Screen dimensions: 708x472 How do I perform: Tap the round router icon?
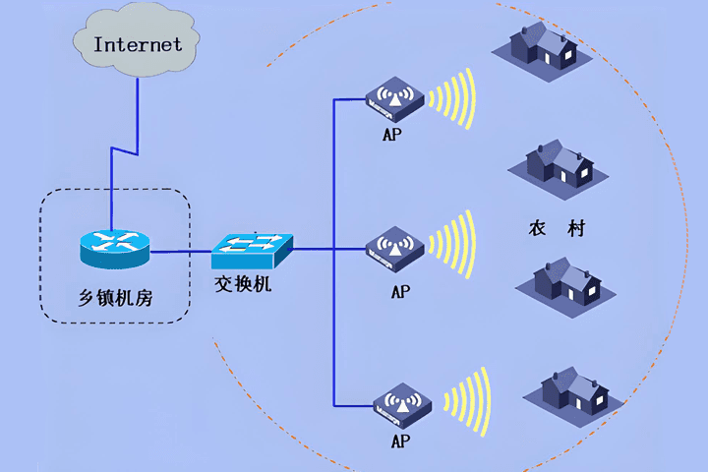click(115, 249)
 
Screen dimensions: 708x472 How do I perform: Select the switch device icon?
click(252, 251)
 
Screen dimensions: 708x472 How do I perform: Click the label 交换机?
click(243, 284)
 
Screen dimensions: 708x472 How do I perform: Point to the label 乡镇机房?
click(116, 298)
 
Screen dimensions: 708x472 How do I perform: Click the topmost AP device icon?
click(394, 99)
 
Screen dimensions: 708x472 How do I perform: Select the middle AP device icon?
click(394, 249)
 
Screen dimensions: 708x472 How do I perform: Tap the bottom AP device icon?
click(402, 405)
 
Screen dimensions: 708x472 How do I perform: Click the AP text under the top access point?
click(392, 134)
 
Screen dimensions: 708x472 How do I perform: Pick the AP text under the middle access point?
click(400, 291)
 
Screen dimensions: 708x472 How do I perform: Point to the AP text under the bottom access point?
click(400, 441)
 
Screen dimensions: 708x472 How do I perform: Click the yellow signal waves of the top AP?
click(452, 98)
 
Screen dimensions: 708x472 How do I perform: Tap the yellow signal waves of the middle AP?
click(452, 244)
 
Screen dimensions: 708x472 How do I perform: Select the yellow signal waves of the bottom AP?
click(467, 401)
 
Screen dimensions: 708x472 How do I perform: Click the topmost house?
click(542, 51)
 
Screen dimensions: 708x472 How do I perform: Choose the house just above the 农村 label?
click(559, 169)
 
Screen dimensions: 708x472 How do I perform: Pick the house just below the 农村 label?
click(566, 288)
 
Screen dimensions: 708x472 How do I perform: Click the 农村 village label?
click(558, 228)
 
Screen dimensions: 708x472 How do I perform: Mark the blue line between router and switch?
click(181, 252)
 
